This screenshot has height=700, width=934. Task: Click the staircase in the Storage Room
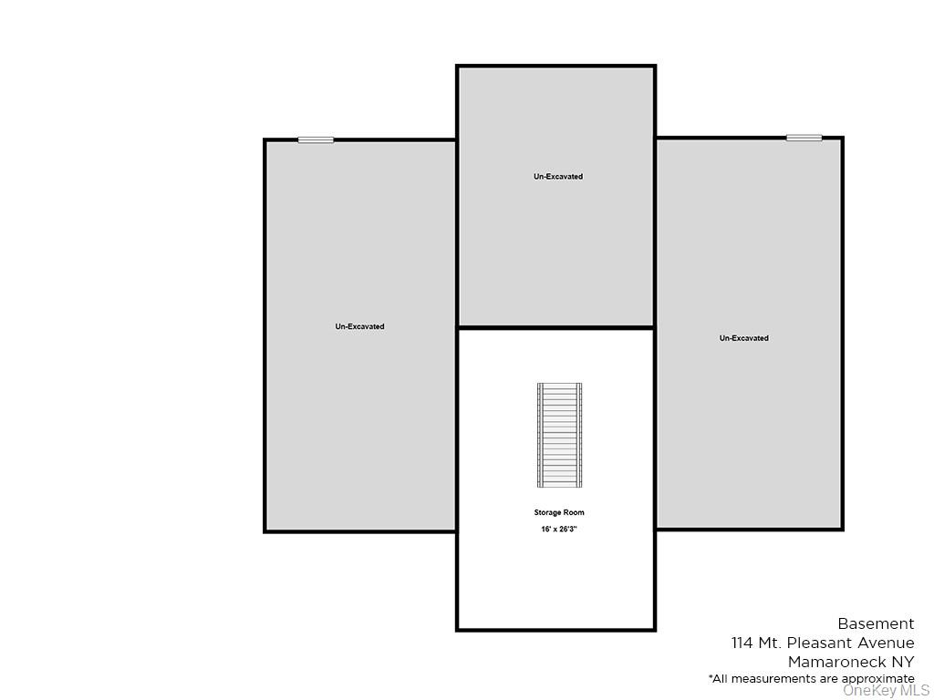pyautogui.click(x=559, y=436)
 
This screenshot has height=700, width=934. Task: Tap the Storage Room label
pyautogui.click(x=559, y=513)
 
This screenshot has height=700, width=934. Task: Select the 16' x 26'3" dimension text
pyautogui.click(x=559, y=530)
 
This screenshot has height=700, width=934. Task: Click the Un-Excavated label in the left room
pyautogui.click(x=359, y=326)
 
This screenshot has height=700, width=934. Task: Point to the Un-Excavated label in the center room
pyautogui.click(x=558, y=177)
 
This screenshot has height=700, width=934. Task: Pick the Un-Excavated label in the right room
pyautogui.click(x=743, y=338)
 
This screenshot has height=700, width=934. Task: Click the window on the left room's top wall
pyautogui.click(x=316, y=139)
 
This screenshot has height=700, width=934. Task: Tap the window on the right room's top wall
pyautogui.click(x=804, y=138)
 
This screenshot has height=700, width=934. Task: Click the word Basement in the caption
pyautogui.click(x=876, y=624)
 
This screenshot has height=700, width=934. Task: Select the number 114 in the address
pyautogui.click(x=742, y=643)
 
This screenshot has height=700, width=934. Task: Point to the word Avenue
pyautogui.click(x=885, y=643)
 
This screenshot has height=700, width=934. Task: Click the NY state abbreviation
pyautogui.click(x=903, y=663)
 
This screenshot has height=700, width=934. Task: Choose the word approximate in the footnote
pyautogui.click(x=877, y=679)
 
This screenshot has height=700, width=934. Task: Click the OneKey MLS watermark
pyautogui.click(x=886, y=691)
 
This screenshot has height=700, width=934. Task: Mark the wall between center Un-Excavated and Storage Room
pyautogui.click(x=555, y=327)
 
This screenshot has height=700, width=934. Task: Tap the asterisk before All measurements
pyautogui.click(x=711, y=677)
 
